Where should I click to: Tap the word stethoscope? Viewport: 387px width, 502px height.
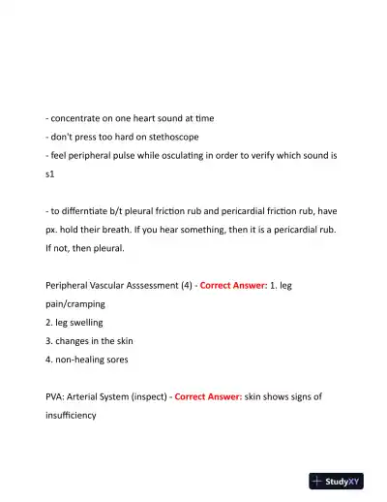click(170, 137)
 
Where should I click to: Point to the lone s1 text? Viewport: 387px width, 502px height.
click(50, 174)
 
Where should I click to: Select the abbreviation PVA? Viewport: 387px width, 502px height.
click(57, 396)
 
